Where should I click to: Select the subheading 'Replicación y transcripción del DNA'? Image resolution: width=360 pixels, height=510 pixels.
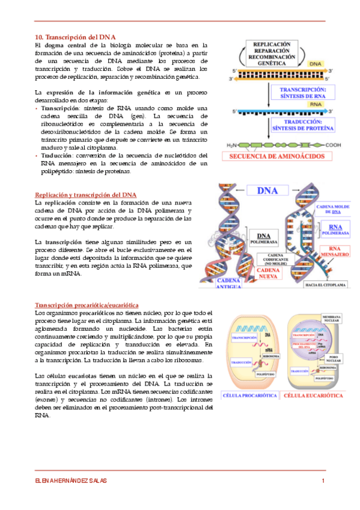coord(86,195)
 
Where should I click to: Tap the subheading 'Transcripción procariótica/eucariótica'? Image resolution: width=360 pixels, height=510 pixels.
coord(87,305)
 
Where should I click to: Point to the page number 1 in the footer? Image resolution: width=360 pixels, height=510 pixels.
coord(323,480)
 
